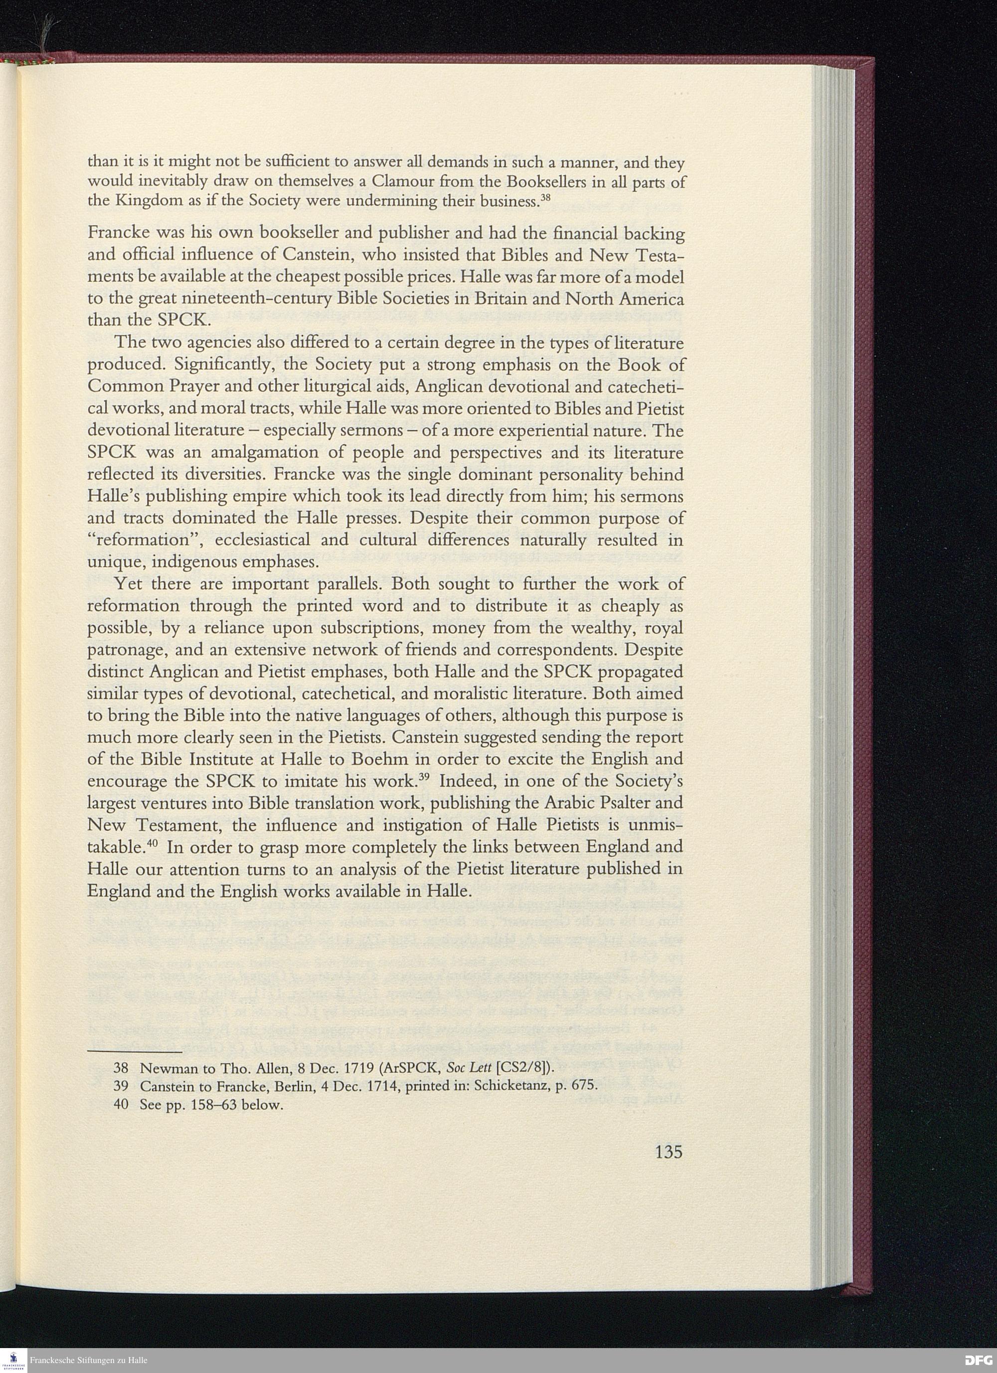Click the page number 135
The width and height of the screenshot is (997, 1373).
tap(668, 1151)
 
